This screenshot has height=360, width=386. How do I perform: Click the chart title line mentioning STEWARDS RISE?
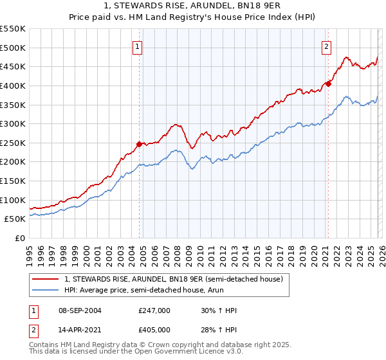point(193,5)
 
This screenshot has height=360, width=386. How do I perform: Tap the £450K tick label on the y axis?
point(13,66)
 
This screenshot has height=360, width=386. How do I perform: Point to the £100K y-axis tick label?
point(13,200)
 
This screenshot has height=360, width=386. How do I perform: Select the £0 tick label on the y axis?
point(19,238)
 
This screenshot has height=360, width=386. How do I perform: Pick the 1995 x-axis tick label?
point(30,251)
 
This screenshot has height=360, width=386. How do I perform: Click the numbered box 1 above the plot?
point(138,46)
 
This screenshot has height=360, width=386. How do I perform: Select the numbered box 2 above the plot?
point(327,46)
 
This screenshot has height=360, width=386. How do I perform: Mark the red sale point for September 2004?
point(139,144)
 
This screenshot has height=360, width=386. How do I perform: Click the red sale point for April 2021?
point(328,83)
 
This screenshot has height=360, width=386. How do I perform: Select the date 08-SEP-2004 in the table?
point(79,310)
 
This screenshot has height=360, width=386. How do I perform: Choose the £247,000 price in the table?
point(154,310)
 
